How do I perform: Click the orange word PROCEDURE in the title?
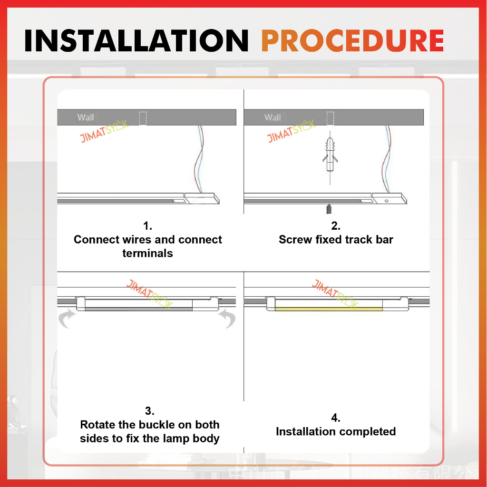click(x=352, y=40)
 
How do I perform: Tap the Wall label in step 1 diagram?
click(x=86, y=117)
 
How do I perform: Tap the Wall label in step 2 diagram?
click(x=273, y=117)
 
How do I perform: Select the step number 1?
click(x=147, y=226)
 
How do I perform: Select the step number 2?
click(x=336, y=226)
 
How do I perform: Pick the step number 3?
click(x=149, y=411)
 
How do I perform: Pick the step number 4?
click(x=336, y=418)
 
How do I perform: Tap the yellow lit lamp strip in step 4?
click(x=329, y=309)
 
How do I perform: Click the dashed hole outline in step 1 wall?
click(x=143, y=118)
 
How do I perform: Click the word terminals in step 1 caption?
click(x=147, y=253)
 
